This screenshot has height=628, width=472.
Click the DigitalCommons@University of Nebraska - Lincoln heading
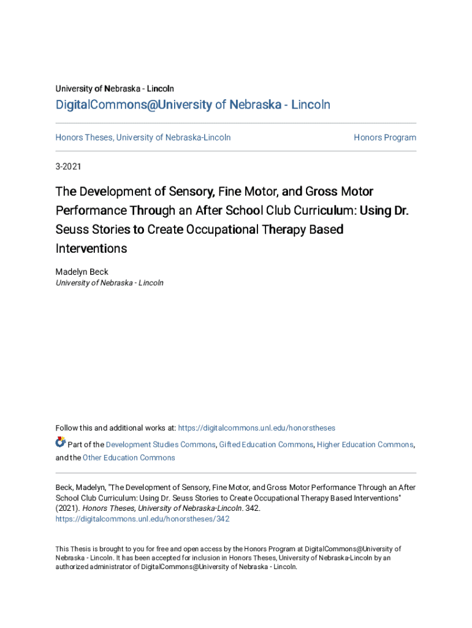[x=192, y=105]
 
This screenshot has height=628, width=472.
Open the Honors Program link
[x=384, y=137]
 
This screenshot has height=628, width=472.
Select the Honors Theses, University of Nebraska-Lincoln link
[x=143, y=137]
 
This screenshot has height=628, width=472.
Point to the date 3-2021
[x=68, y=166]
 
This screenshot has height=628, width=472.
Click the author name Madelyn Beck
[x=82, y=272]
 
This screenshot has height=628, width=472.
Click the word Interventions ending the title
[x=91, y=249]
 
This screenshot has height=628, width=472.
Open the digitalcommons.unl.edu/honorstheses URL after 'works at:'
[x=256, y=428]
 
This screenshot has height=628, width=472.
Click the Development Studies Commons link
[x=161, y=445]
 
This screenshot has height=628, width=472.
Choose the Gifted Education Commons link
[x=266, y=445]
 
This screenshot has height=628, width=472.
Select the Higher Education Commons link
[x=365, y=445]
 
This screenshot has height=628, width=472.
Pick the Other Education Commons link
[x=129, y=458]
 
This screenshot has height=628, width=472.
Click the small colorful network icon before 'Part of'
[x=60, y=442]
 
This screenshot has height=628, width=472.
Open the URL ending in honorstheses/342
[x=142, y=519]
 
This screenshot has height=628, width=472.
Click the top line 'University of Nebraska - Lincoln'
[x=115, y=89]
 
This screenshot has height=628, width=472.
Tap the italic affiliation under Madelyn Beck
[x=110, y=283]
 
